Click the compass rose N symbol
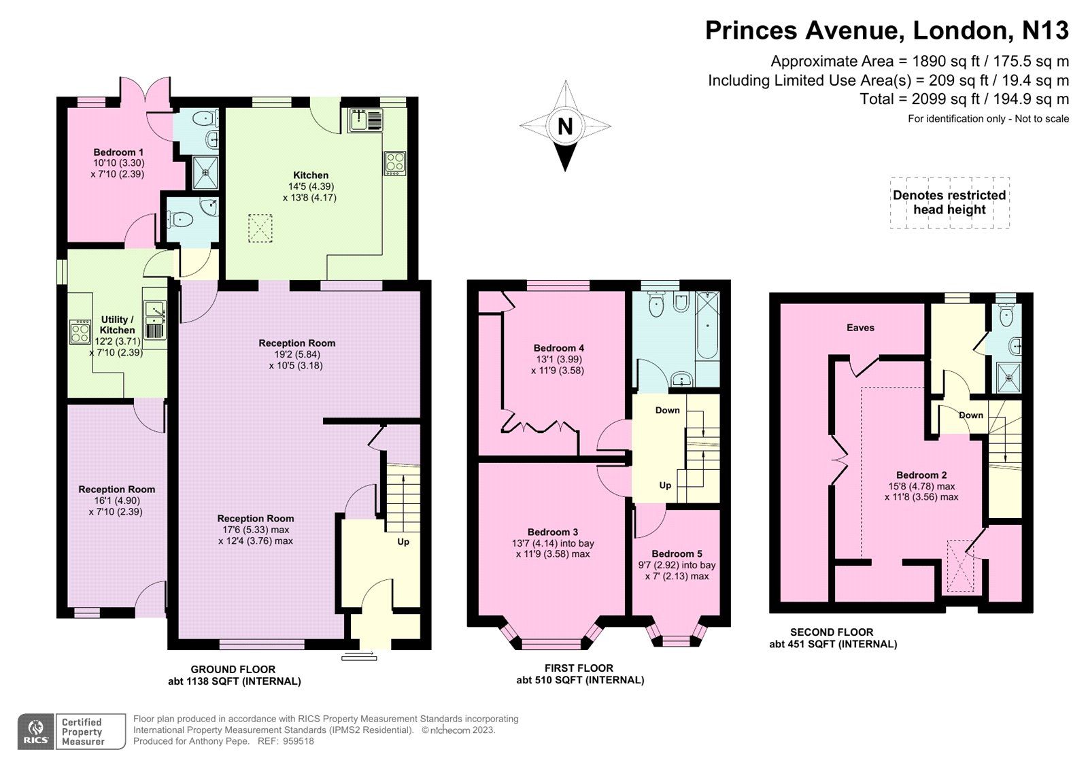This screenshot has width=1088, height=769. point(565,126)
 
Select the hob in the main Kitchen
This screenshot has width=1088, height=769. point(395,163)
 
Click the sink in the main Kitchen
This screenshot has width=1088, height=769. point(366,120)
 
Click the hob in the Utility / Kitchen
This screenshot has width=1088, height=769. point(80,332)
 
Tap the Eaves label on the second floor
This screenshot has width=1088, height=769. point(860,328)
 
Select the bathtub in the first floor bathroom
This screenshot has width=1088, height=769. point(707,326)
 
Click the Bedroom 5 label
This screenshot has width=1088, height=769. point(677,554)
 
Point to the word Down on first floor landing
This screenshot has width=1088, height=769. point(667,410)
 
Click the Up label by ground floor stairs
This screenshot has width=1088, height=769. point(403,542)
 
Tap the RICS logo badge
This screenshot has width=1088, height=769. point(35,732)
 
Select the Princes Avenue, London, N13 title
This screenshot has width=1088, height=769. point(887,31)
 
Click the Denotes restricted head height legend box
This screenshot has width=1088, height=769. point(949,203)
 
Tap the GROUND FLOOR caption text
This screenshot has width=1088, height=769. point(233,669)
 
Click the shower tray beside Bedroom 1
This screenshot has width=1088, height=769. point(205,172)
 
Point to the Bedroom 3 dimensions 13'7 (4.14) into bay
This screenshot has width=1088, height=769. point(554,543)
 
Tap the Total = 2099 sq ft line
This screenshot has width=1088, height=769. point(964,99)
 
